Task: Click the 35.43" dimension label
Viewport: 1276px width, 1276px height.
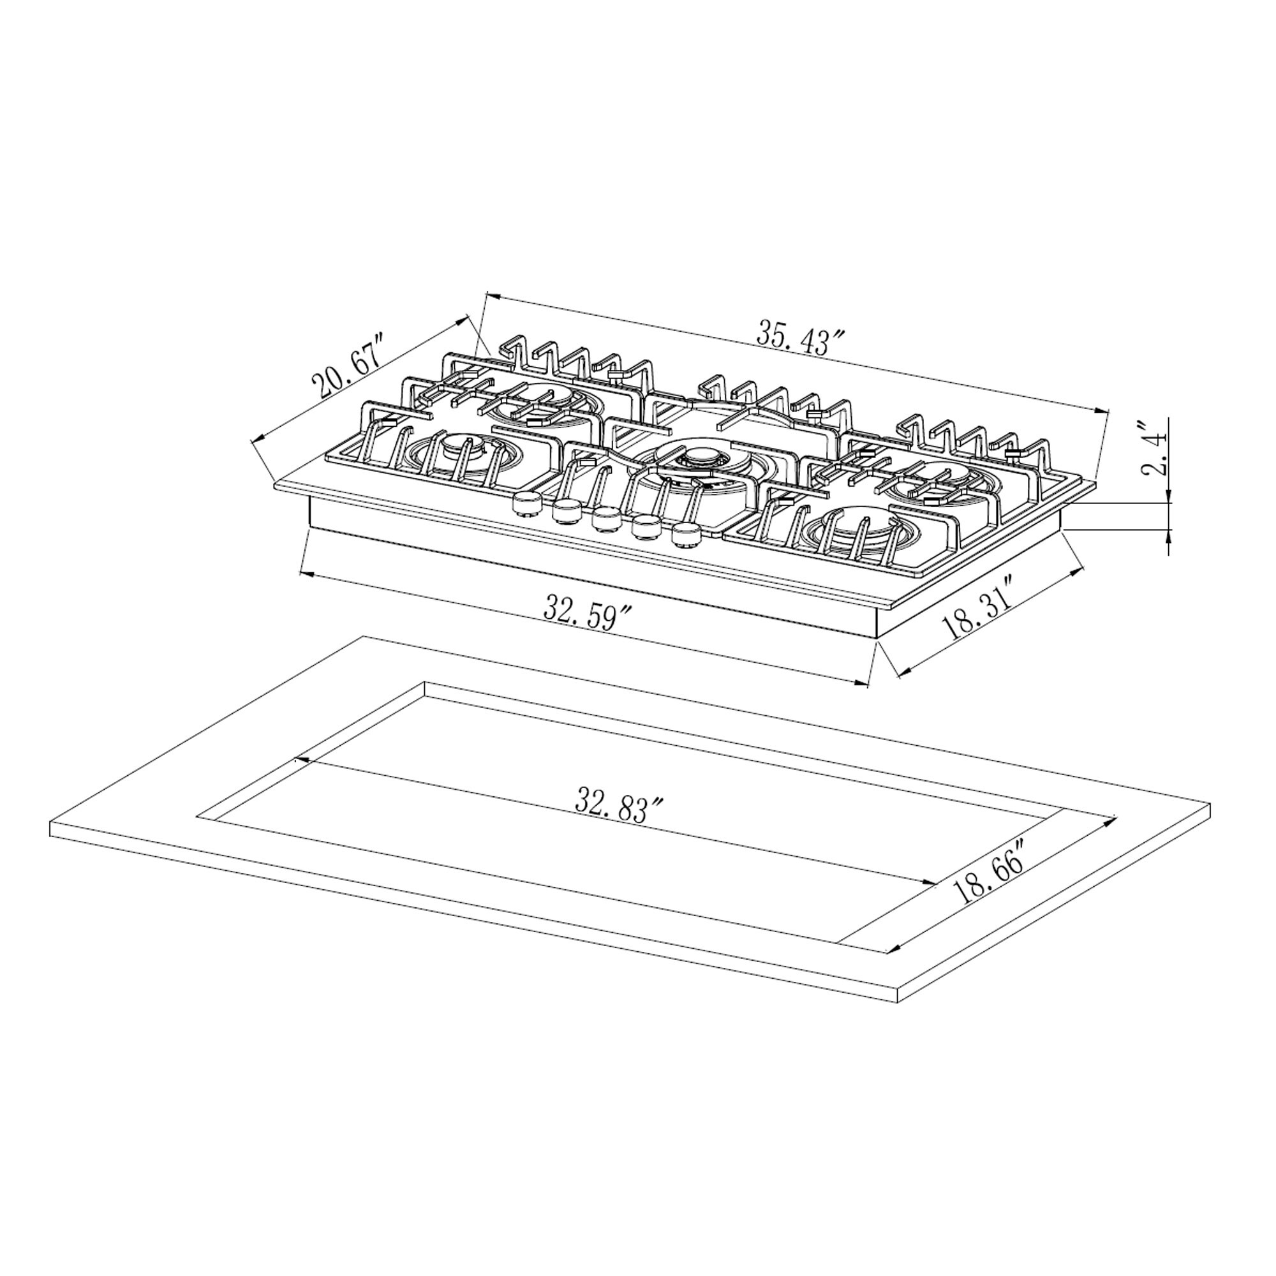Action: (x=801, y=338)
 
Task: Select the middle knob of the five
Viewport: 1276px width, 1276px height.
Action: (x=606, y=519)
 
